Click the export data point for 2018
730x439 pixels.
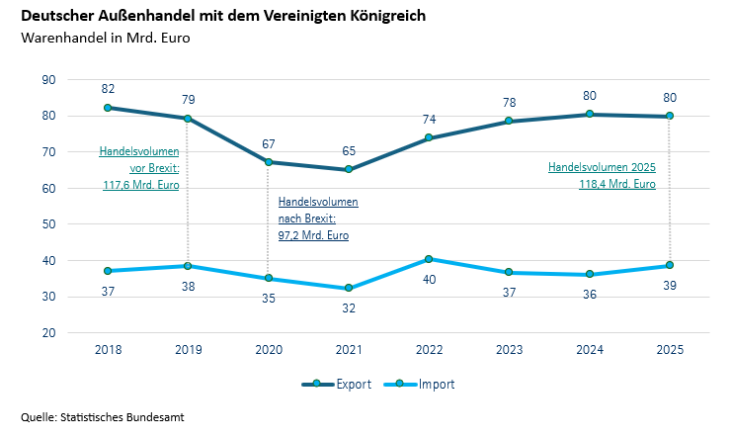click(107, 108)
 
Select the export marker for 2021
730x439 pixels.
click(349, 169)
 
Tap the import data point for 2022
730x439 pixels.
click(429, 259)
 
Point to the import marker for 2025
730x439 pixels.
click(670, 265)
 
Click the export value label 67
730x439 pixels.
click(268, 143)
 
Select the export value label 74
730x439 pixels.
click(429, 119)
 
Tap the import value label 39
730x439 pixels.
click(670, 285)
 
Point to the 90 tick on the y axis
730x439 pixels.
click(48, 80)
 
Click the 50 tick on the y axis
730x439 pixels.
click(48, 224)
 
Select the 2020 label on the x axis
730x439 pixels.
click(268, 350)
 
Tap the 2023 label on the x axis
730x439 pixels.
click(509, 350)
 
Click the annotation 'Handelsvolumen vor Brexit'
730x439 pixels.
click(139, 168)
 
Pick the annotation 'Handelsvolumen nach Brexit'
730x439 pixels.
click(318, 219)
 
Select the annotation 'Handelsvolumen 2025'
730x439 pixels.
click(603, 175)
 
